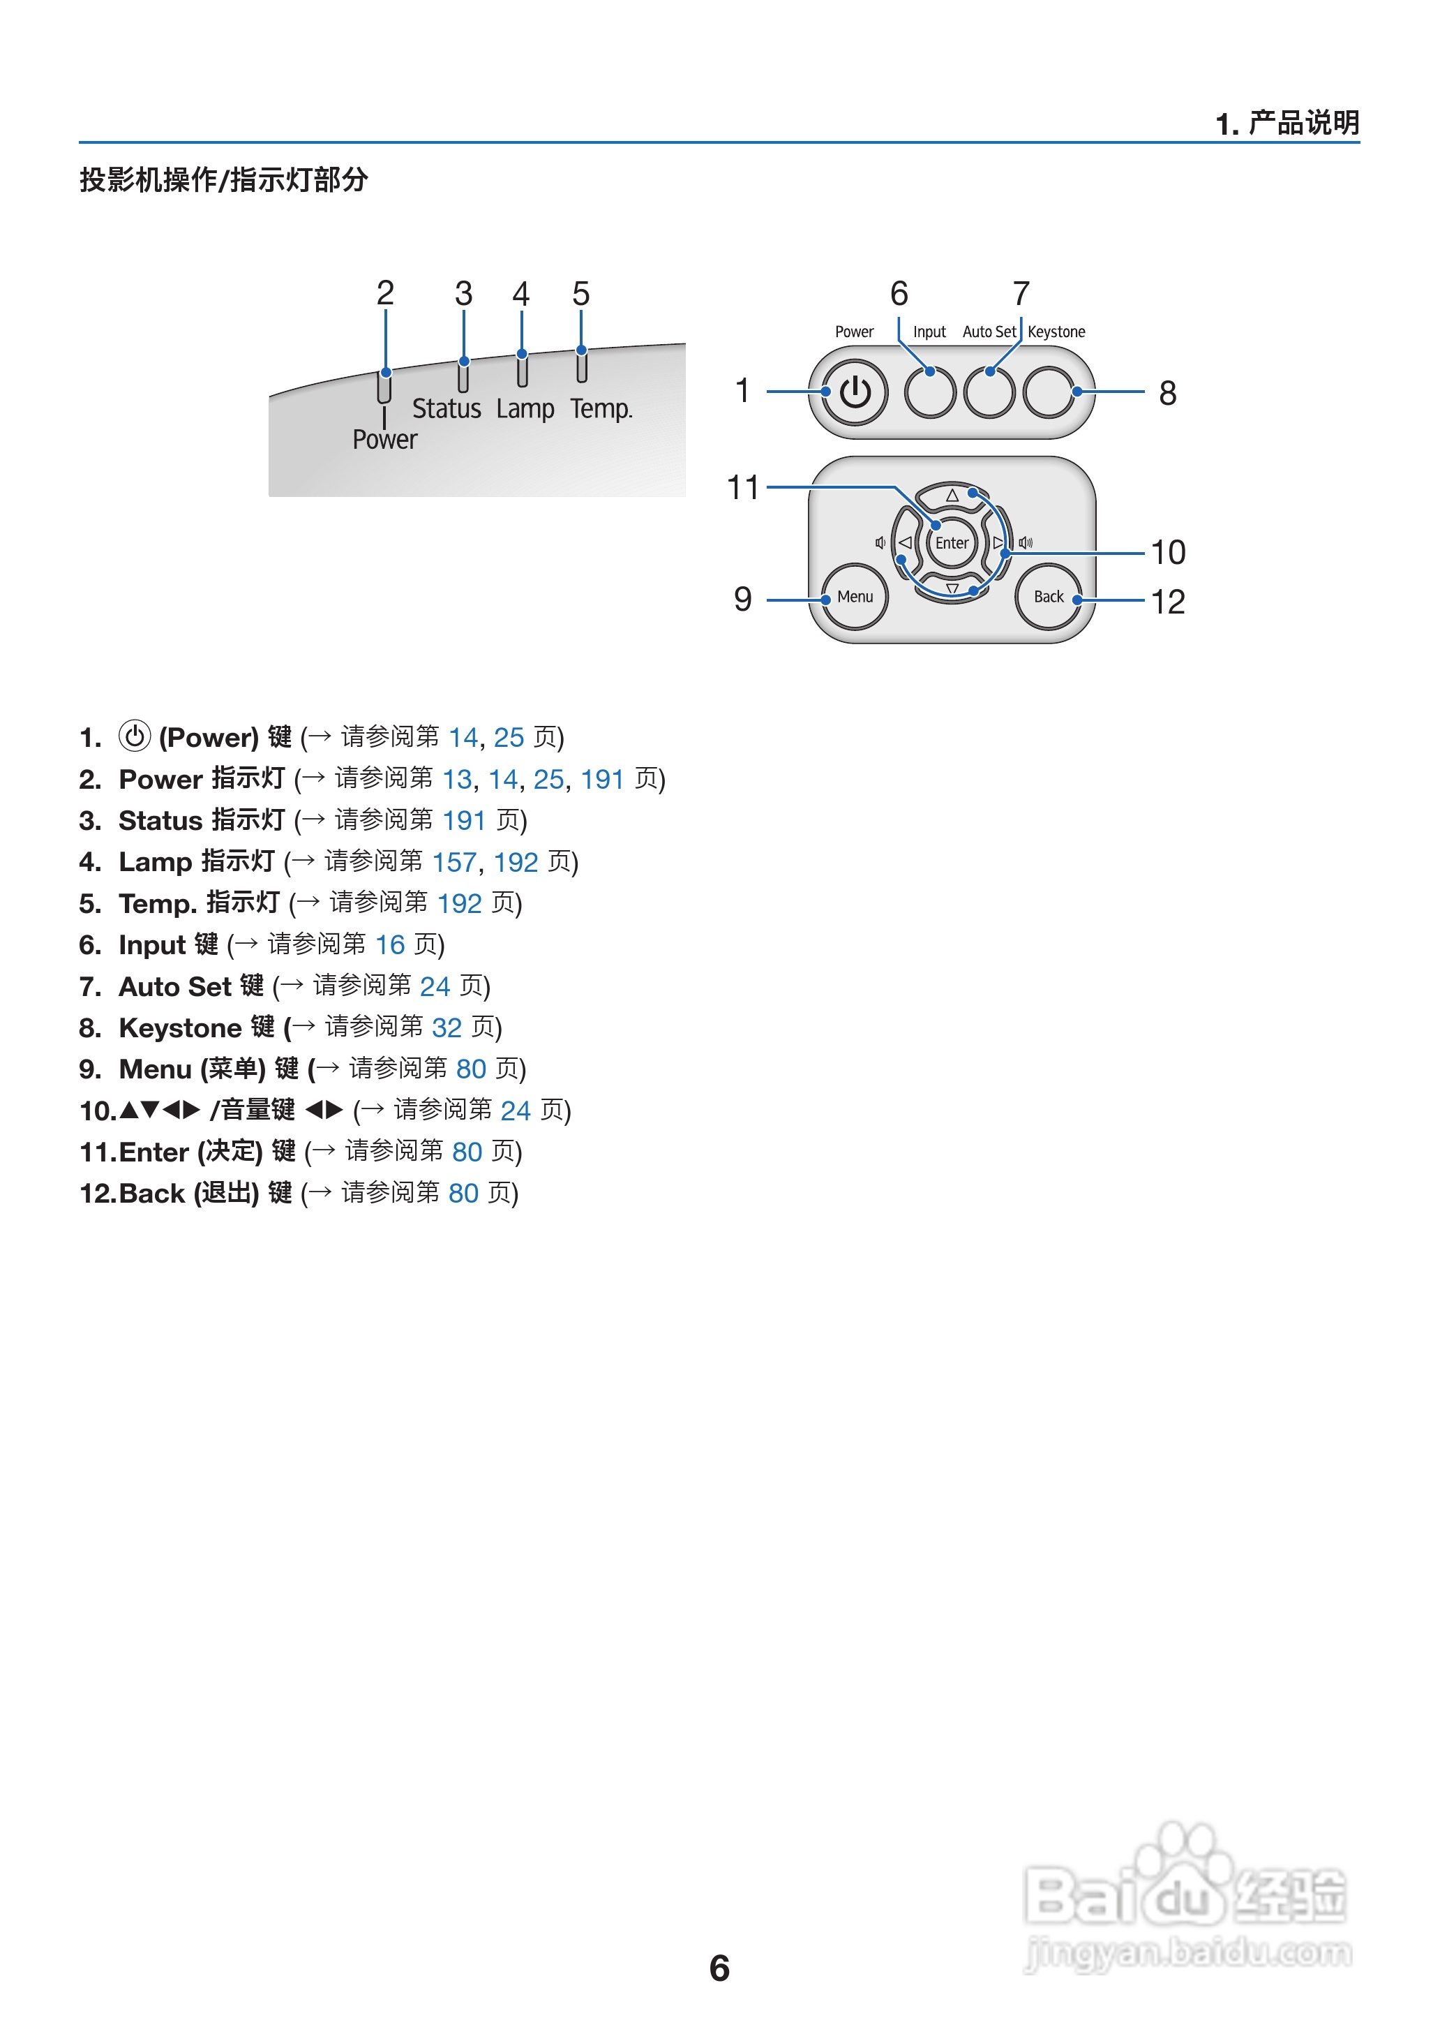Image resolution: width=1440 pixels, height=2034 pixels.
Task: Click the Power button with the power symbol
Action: pyautogui.click(x=855, y=392)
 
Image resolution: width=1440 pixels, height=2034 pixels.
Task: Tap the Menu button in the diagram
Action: pyautogui.click(x=855, y=597)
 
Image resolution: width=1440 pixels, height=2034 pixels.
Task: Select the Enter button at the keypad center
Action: pyautogui.click(x=952, y=543)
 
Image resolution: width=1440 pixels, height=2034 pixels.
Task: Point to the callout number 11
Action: pyautogui.click(x=743, y=488)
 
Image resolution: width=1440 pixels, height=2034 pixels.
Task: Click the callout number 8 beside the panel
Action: pyautogui.click(x=1168, y=393)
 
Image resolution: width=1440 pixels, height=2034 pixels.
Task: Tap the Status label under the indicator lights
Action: pyautogui.click(x=446, y=409)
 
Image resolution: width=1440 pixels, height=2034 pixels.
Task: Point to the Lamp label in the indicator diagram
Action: pyautogui.click(x=525, y=409)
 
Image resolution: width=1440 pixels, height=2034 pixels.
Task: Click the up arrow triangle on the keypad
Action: pyautogui.click(x=952, y=495)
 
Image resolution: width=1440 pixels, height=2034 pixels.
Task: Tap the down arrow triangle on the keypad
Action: pyautogui.click(x=952, y=588)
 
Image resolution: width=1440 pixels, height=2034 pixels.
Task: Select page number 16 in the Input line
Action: pyautogui.click(x=390, y=944)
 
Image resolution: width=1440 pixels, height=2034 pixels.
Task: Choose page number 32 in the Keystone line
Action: pyautogui.click(x=447, y=1027)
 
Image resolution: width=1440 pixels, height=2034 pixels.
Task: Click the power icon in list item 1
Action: pyautogui.click(x=135, y=736)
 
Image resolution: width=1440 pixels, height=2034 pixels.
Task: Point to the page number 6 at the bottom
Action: pyautogui.click(x=719, y=1968)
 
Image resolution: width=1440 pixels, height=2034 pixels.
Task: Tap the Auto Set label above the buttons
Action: pyautogui.click(x=989, y=332)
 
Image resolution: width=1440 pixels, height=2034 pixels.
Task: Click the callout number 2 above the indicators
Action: pyautogui.click(x=385, y=292)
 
